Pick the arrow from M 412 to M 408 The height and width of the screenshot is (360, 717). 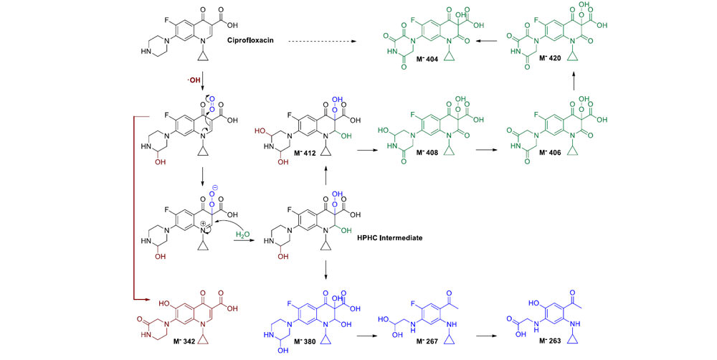[x=374, y=150]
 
